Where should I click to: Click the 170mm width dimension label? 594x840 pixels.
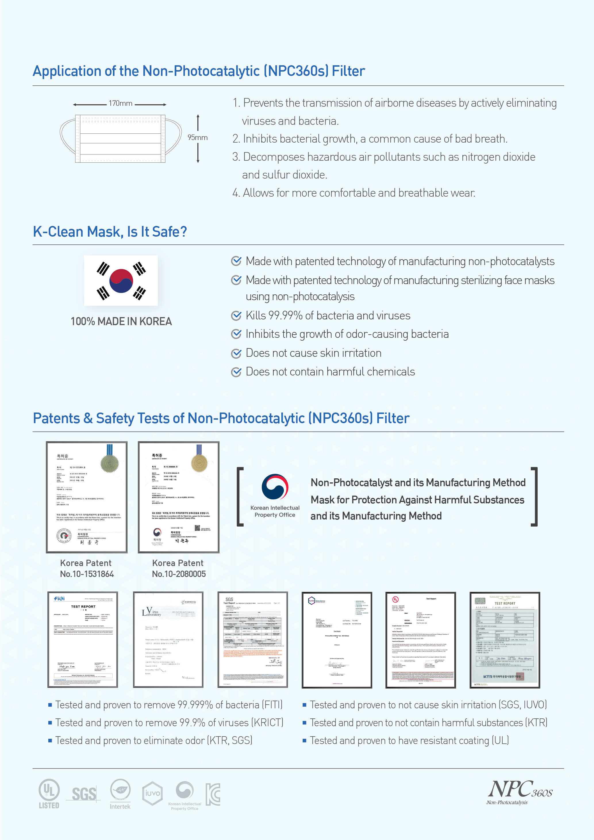(120, 103)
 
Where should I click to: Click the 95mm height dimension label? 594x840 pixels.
(197, 138)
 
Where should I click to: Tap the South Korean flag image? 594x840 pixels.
(121, 281)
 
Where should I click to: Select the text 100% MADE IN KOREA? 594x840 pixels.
(121, 322)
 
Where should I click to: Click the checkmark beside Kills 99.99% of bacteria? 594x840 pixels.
(237, 315)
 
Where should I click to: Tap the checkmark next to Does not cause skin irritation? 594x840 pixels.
(237, 353)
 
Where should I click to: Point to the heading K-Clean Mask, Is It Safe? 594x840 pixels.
(110, 232)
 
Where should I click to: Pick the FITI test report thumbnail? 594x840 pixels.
(83, 640)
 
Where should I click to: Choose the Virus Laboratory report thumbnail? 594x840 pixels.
(168, 640)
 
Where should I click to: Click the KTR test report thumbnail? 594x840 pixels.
(505, 640)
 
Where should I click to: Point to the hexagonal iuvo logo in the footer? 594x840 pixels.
(153, 793)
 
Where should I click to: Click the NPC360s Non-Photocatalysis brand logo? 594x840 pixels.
(520, 792)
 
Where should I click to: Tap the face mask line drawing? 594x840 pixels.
(120, 139)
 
